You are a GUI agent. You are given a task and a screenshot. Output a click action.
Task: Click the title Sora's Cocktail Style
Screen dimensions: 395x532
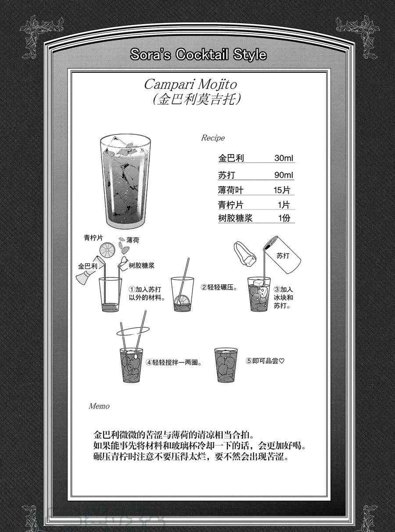(198, 54)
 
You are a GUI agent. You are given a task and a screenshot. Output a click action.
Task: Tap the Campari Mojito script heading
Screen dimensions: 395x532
(190, 85)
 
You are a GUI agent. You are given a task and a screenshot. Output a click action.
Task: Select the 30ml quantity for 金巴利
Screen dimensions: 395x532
(284, 158)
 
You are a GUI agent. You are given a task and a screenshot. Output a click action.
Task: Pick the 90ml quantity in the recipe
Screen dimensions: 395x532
(284, 175)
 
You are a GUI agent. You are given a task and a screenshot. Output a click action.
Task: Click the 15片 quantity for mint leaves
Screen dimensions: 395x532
(282, 190)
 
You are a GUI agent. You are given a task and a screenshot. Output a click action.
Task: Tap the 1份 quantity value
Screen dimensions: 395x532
(284, 218)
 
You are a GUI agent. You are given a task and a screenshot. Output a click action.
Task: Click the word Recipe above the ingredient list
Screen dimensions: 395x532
(213, 138)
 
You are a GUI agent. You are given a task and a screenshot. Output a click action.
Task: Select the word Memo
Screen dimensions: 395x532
(99, 406)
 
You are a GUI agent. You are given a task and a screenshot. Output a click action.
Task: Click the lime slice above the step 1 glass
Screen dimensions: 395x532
(108, 250)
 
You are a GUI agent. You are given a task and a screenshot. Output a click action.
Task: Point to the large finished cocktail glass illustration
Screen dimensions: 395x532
(125, 182)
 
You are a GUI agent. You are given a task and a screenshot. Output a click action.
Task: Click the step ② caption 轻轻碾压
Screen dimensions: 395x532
(219, 287)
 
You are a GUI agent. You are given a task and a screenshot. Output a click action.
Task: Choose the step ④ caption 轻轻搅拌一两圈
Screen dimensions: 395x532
(174, 362)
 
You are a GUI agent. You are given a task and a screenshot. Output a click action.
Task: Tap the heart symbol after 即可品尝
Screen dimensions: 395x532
(282, 361)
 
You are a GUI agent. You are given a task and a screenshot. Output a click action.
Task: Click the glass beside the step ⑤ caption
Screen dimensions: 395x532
(226, 365)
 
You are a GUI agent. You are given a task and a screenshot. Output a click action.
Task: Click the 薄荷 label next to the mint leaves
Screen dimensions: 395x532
(133, 240)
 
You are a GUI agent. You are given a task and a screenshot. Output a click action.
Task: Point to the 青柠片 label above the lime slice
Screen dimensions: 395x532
(93, 238)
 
